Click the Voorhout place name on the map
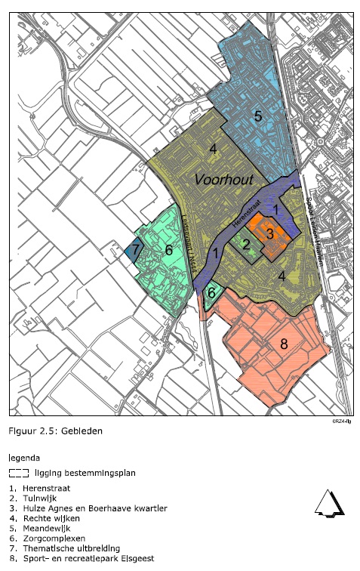225,180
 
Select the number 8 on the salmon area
284,344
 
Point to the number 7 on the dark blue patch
135,250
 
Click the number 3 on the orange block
269,233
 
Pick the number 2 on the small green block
246,244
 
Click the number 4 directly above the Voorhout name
214,149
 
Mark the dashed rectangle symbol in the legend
19,474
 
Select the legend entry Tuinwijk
38,499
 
